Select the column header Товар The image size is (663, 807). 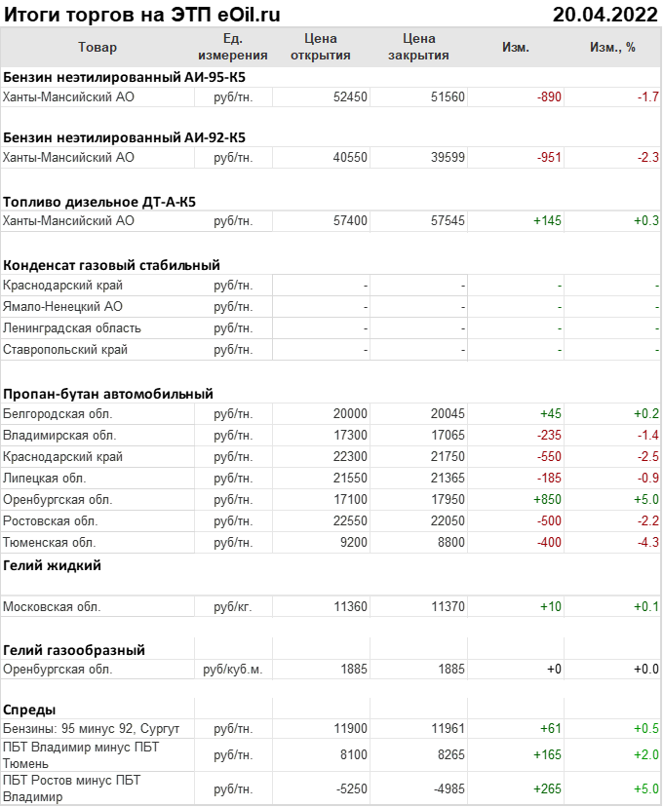(97, 47)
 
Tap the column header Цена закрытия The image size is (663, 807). (418, 47)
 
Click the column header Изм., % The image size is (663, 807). (612, 47)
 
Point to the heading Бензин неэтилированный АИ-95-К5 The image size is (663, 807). (124, 76)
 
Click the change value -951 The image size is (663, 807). (549, 157)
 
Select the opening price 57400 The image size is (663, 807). (350, 221)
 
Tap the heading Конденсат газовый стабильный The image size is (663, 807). (111, 265)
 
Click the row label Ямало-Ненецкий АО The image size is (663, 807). (63, 307)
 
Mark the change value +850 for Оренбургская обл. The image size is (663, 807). (547, 500)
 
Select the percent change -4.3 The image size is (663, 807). (647, 543)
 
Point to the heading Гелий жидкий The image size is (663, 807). (52, 565)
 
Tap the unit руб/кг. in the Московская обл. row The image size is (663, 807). (233, 607)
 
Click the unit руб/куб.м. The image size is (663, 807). (233, 670)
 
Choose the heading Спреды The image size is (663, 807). (29, 709)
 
